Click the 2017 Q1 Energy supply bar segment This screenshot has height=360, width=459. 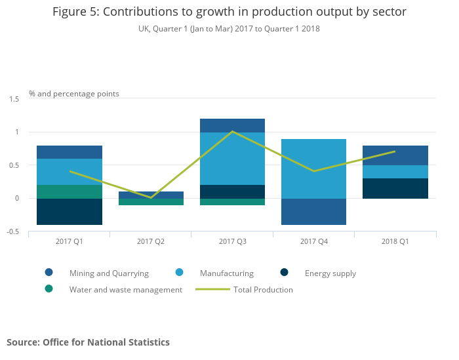[70, 212]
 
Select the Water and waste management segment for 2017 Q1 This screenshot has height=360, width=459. [70, 191]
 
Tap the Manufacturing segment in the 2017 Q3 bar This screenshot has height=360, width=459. [232, 159]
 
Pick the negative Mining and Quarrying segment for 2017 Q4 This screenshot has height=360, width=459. [313, 212]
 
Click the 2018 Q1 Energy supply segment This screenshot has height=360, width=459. [395, 188]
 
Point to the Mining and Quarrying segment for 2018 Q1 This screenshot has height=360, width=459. [395, 155]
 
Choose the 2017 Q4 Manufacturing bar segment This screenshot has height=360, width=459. [313, 169]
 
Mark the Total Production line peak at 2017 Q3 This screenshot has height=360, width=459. [232, 132]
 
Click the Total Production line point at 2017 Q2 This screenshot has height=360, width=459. [151, 197]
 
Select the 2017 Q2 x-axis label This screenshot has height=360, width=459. [151, 241]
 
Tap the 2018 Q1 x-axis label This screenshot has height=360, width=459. [395, 241]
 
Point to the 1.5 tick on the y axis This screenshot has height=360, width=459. [14, 99]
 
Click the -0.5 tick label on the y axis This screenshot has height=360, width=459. [14, 231]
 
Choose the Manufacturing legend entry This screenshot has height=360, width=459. [226, 273]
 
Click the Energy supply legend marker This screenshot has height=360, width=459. [284, 273]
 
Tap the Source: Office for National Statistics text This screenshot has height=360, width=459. [88, 342]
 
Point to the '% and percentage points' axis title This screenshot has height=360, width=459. [74, 94]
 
